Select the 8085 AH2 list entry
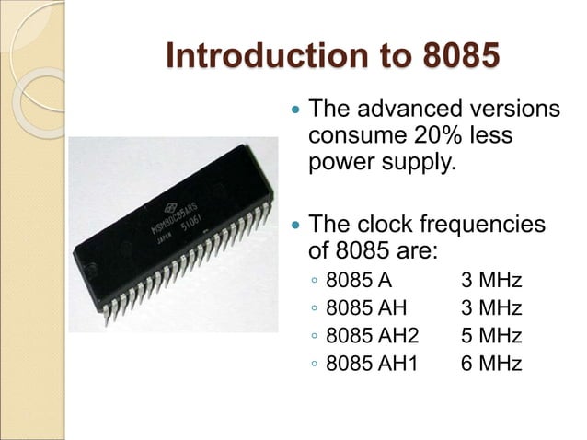pos(372,335)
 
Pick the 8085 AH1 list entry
pos(372,363)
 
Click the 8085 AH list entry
pos(365,307)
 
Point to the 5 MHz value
pos(490,335)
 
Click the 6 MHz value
pos(490,363)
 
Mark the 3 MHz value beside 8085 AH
pos(490,307)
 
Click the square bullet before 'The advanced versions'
pos(294,110)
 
